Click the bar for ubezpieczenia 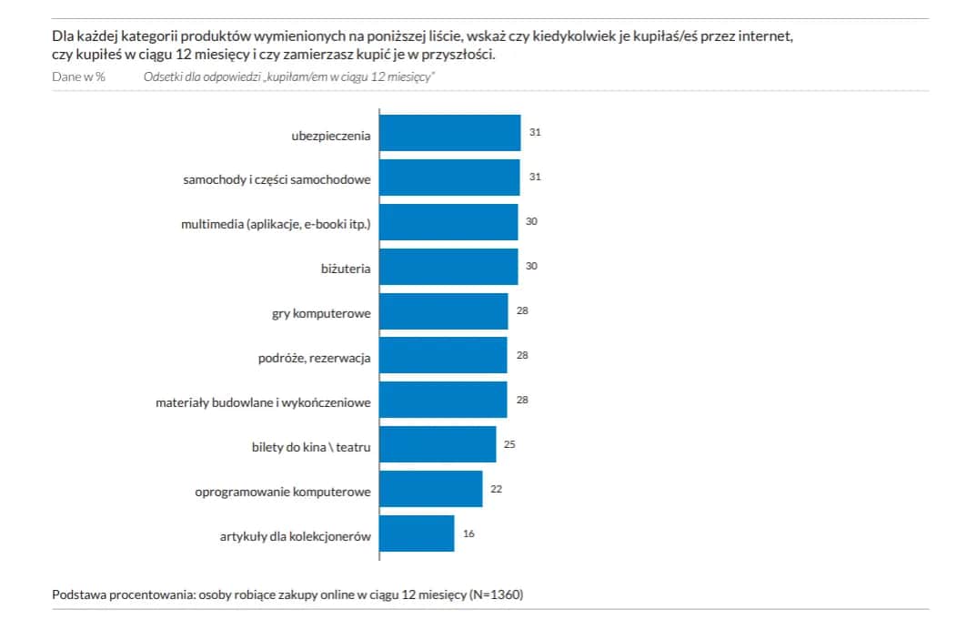tap(449, 133)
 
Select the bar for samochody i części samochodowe tap(449, 178)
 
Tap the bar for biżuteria tap(448, 266)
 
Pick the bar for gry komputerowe tap(443, 311)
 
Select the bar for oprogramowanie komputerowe tap(430, 489)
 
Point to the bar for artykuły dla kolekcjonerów tap(417, 533)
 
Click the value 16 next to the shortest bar tap(468, 533)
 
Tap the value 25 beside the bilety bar tap(510, 444)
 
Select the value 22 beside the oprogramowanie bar tap(496, 489)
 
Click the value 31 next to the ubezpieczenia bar tap(535, 133)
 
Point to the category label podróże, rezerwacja tap(314, 358)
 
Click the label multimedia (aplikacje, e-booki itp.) tap(276, 224)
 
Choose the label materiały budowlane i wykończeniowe tap(263, 402)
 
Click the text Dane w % tap(79, 76)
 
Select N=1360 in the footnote tap(496, 595)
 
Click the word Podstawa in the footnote tap(79, 595)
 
